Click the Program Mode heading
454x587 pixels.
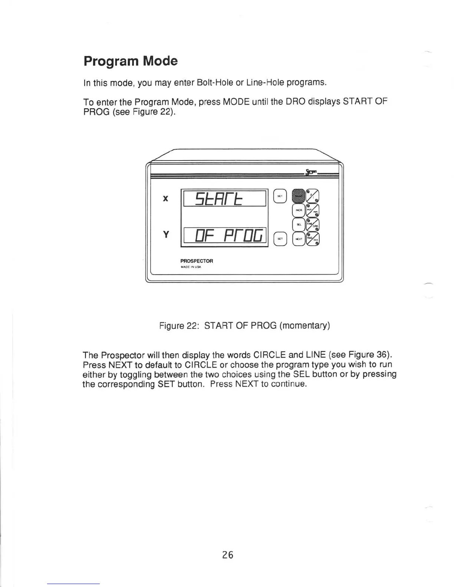[131, 61]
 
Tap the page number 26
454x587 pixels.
[228, 555]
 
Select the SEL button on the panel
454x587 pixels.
[299, 225]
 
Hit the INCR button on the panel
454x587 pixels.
[299, 210]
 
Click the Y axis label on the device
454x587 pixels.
[166, 235]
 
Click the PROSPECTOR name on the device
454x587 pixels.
[197, 261]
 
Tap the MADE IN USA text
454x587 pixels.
[191, 267]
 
